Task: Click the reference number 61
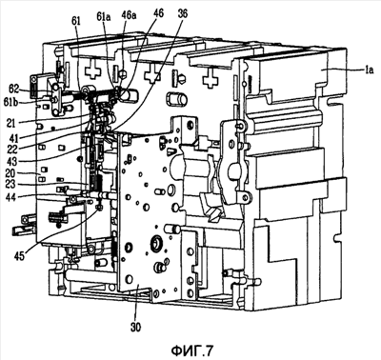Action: [76, 22]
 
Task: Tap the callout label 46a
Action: [130, 16]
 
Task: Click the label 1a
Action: [369, 70]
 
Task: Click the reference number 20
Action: [11, 174]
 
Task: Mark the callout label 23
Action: [11, 186]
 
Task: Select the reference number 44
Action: [11, 197]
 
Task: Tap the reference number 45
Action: [19, 256]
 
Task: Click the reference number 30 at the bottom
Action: [136, 327]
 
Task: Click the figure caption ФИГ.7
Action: [192, 350]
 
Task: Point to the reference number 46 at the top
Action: [158, 13]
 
